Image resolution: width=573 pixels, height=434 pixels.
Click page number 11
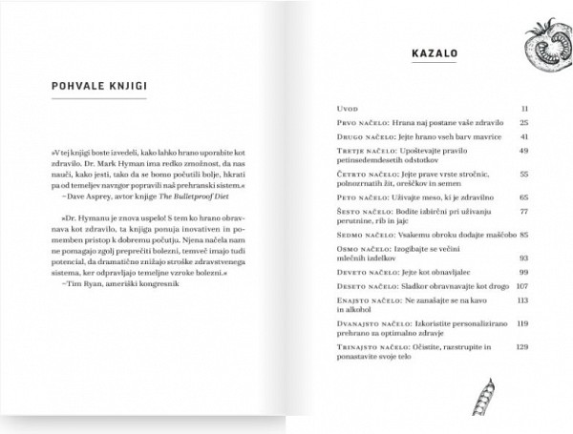525,109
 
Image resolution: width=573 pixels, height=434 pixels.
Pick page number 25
524,123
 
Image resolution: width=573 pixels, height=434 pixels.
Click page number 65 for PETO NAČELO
524,196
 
